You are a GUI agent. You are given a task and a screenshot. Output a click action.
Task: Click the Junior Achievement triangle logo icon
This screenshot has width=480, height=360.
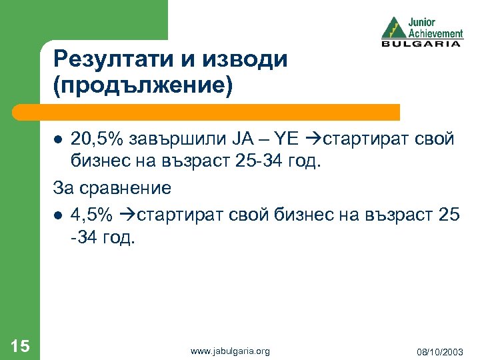394,29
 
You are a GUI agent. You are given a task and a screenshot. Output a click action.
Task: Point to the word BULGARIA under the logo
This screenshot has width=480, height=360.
421,44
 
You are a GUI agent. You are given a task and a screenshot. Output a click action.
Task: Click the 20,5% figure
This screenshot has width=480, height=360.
94,139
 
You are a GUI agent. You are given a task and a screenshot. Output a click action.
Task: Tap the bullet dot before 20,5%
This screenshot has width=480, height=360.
58,141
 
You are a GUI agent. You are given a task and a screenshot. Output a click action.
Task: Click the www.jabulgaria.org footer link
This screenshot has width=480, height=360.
230,351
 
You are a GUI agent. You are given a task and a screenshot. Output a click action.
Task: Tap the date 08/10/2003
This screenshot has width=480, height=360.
441,351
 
